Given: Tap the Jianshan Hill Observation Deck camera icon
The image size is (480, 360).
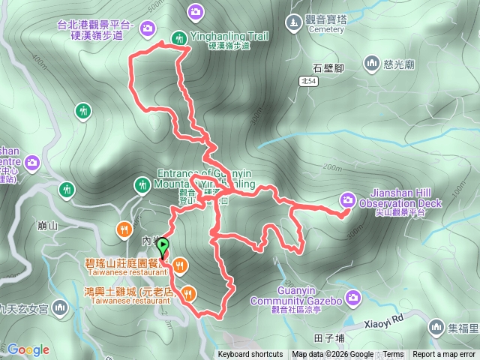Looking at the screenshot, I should pyautogui.click(x=348, y=199).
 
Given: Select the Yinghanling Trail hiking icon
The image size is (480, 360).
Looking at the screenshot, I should pyautogui.click(x=179, y=37).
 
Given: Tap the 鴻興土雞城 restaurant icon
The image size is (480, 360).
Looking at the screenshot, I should pyautogui.click(x=188, y=294).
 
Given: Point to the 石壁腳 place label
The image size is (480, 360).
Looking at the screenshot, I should pyautogui.click(x=328, y=67).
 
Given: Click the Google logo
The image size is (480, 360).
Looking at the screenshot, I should pyautogui.click(x=28, y=349).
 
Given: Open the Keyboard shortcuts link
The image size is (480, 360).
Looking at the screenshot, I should pyautogui.click(x=250, y=355).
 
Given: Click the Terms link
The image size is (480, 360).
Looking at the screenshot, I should pyautogui.click(x=393, y=355).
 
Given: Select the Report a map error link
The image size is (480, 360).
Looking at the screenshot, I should pyautogui.click(x=445, y=355).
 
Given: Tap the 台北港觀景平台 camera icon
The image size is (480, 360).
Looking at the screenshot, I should pyautogui.click(x=148, y=28).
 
